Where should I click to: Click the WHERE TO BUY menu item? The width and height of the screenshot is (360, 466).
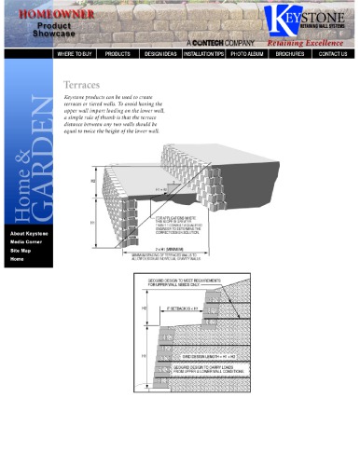click(x=78, y=54)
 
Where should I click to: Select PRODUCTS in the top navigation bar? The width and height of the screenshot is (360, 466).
click(x=118, y=54)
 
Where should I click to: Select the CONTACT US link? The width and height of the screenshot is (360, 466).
click(x=333, y=54)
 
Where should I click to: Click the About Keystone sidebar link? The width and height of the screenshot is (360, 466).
click(x=29, y=233)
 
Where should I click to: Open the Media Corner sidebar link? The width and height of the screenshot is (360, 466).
click(x=27, y=241)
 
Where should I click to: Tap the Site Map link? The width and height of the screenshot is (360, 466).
click(x=21, y=251)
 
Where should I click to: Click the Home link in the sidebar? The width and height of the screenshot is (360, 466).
click(x=18, y=259)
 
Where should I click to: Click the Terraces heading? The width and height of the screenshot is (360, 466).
click(x=81, y=84)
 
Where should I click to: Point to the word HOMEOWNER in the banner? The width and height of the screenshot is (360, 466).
click(x=50, y=15)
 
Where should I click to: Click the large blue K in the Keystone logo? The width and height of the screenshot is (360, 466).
click(x=281, y=20)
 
